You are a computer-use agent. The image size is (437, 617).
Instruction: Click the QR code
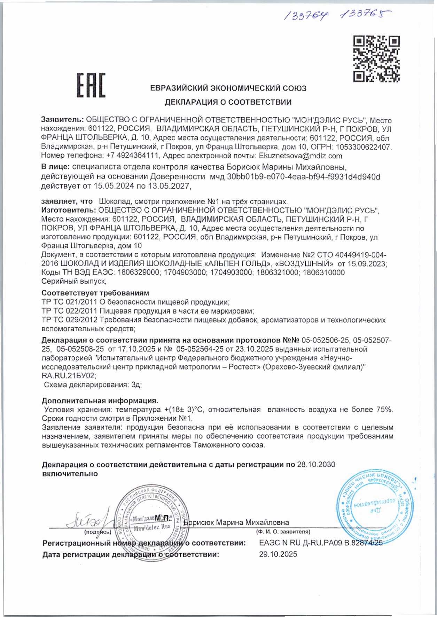click(376, 58)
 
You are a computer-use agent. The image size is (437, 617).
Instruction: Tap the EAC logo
click(91, 85)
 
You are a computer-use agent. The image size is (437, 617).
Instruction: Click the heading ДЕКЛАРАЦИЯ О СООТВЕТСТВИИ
click(228, 102)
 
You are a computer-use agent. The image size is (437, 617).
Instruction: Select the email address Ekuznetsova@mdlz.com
click(300, 156)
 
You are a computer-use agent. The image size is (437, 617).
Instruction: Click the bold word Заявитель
click(62, 120)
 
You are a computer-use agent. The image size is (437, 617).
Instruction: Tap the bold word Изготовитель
click(68, 210)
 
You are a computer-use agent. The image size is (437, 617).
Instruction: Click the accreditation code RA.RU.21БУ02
click(68, 376)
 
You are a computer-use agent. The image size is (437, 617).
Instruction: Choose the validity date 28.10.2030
click(316, 465)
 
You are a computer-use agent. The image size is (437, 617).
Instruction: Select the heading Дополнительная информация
click(100, 401)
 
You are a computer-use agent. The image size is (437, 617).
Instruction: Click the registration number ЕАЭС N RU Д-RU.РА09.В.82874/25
click(320, 543)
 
